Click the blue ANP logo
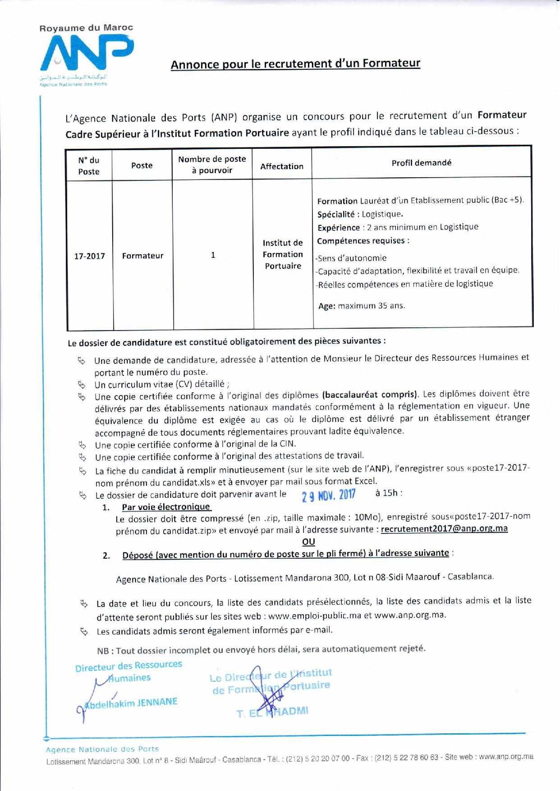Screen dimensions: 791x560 (86, 53)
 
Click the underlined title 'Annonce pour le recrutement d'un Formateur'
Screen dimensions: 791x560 (295, 64)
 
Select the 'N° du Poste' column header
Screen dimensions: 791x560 (89, 166)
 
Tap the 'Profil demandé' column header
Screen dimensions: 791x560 (421, 163)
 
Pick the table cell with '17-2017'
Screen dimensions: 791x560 (89, 256)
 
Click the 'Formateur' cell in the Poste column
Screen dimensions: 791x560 (142, 256)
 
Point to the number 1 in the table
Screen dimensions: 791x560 (213, 255)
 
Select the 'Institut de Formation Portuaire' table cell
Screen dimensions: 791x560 (283, 254)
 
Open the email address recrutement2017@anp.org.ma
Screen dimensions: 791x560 (444, 529)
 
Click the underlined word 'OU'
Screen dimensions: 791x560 (308, 542)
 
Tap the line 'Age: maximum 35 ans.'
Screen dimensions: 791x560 (361, 306)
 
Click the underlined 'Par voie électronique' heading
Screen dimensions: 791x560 (166, 507)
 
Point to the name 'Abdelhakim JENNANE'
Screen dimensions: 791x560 (131, 702)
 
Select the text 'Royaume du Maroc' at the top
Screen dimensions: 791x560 (86, 28)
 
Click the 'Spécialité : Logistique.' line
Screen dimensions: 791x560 (360, 214)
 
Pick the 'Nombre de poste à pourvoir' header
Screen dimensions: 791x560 (212, 165)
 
